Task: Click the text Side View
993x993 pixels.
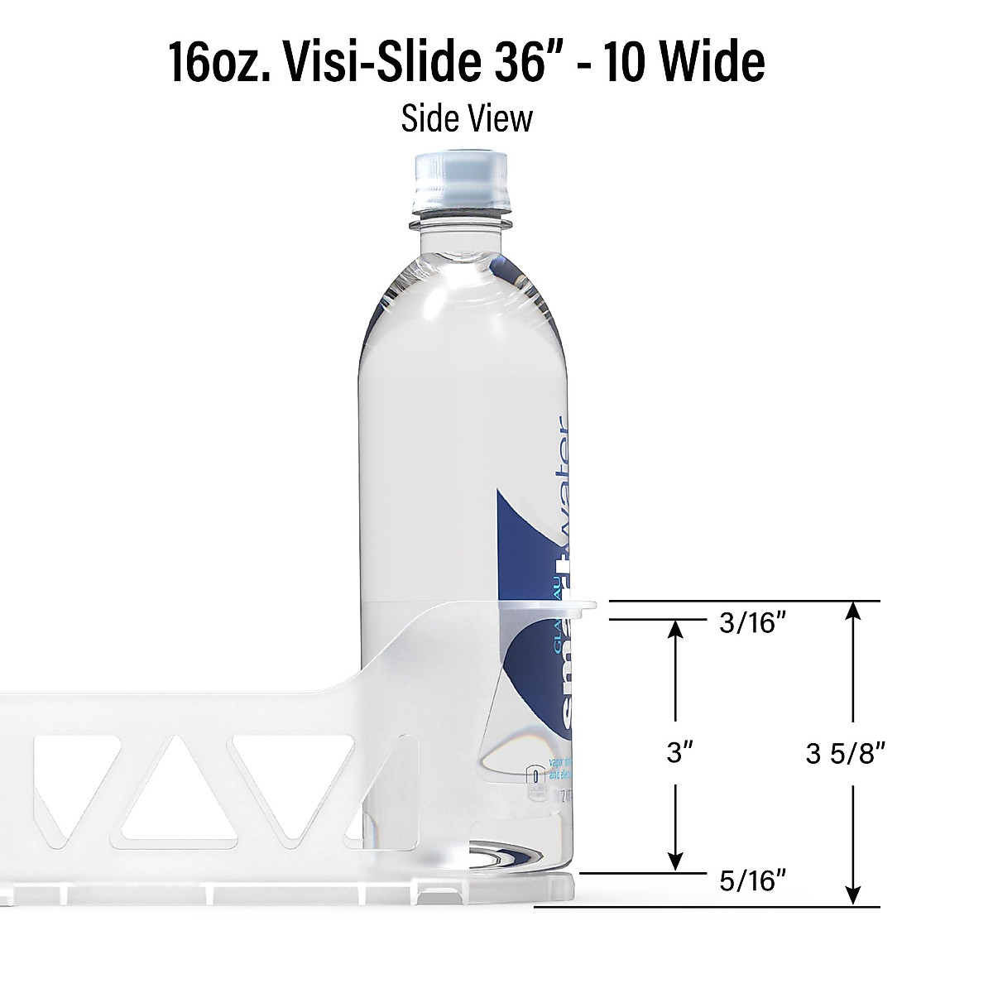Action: tap(467, 118)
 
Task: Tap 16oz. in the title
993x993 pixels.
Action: tap(218, 62)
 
